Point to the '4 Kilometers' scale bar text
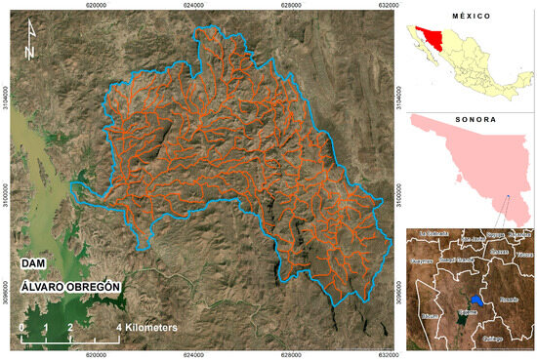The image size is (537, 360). pos(147,328)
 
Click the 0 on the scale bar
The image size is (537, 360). pos(22,327)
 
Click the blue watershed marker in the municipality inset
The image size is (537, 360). pos(474,300)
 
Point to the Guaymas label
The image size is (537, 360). pos(421,262)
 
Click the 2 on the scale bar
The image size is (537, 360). pos(70,327)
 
